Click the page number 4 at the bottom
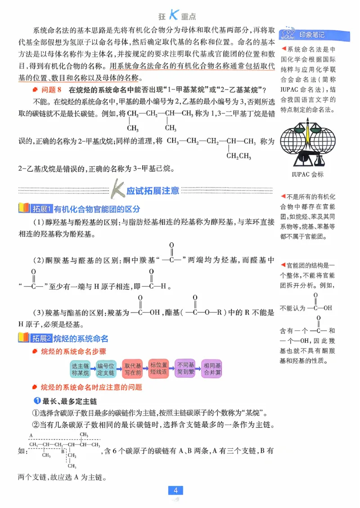point(175,490)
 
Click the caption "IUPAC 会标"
point(307,174)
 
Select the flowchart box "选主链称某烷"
point(81,369)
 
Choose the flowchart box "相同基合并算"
point(212,369)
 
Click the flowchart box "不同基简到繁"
point(186,369)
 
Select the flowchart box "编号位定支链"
point(106,369)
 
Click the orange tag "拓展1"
point(42,209)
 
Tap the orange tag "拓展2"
point(42,338)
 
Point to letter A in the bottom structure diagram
point(31,435)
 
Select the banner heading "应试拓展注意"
point(146,191)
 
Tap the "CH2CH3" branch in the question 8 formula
point(239,156)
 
